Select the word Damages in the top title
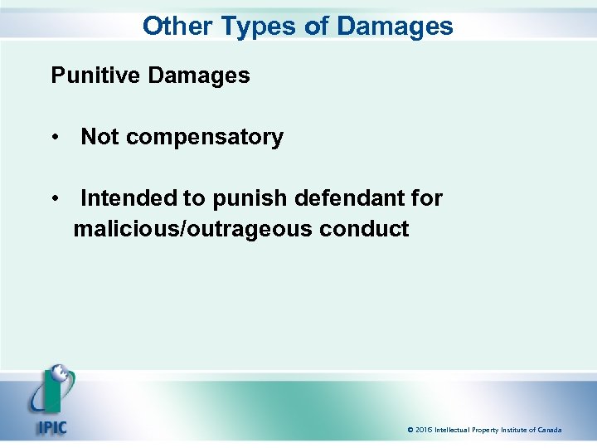click(x=395, y=26)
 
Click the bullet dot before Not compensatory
click(x=55, y=138)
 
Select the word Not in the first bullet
click(x=99, y=137)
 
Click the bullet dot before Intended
click(x=55, y=199)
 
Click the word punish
click(x=248, y=199)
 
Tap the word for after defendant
click(x=428, y=198)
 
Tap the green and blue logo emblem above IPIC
click(x=51, y=390)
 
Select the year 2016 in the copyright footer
click(x=424, y=430)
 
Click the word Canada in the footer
click(x=548, y=430)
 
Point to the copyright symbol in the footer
click(x=410, y=430)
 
